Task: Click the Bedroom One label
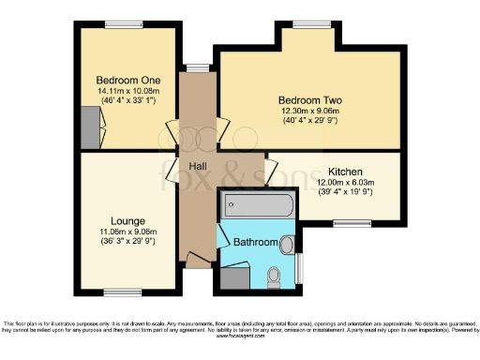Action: [127, 81]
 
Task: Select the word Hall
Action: [198, 166]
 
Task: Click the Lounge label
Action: [127, 221]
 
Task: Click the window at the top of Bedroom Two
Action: [305, 23]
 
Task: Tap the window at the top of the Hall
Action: [198, 67]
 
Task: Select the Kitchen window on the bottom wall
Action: [352, 223]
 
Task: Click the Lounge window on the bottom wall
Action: [118, 291]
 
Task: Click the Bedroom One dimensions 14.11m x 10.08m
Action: [127, 93]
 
